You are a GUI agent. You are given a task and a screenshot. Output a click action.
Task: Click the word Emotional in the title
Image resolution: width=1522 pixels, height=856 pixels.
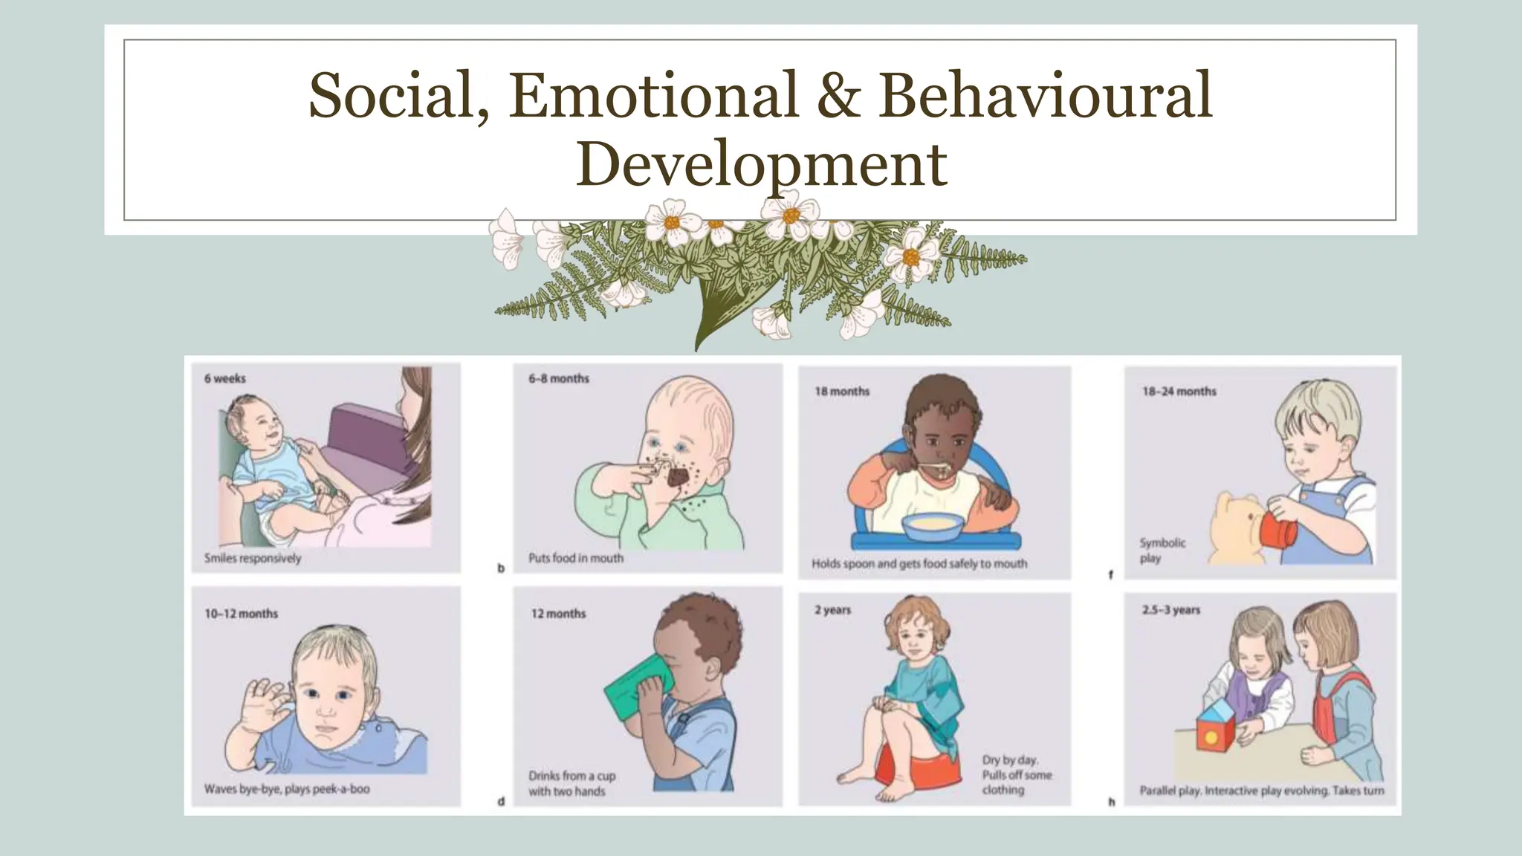652,94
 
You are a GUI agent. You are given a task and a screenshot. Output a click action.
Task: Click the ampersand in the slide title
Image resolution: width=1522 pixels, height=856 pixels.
838,94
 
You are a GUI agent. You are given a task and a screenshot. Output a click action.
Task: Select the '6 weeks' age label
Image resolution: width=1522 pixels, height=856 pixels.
224,379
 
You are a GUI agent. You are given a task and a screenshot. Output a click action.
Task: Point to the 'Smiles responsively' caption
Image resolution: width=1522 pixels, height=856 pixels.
253,558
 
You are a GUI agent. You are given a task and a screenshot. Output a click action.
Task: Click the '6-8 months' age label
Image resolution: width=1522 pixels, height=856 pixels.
558,379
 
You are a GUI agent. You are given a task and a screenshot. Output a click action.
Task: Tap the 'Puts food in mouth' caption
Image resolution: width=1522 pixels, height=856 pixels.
575,558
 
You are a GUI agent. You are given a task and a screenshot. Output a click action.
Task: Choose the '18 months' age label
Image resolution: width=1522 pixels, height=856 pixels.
841,392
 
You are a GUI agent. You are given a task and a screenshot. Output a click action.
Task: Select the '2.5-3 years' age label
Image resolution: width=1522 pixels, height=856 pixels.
1170,610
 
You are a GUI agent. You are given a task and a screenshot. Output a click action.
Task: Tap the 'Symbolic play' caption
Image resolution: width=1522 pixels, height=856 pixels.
1162,551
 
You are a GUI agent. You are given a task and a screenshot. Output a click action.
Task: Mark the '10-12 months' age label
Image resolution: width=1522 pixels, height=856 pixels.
241,614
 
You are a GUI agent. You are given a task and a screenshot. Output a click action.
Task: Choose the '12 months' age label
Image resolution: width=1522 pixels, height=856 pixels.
557,614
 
